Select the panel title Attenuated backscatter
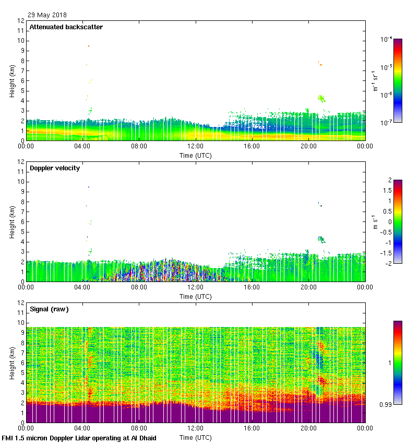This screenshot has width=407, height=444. coord(66,27)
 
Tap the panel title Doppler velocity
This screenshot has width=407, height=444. coord(57,168)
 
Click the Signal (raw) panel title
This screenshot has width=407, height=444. coord(49,309)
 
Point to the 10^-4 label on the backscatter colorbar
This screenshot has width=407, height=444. coord(387,39)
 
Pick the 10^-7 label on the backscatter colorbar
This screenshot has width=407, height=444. coord(387,122)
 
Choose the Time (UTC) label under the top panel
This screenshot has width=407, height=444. coord(196,155)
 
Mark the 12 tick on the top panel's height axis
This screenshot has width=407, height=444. coord(21,21)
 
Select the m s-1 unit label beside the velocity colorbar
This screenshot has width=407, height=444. coord(375,222)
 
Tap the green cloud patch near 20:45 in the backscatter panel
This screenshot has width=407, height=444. coord(321,98)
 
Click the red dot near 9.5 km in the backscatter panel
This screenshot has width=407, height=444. coord(89,46)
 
